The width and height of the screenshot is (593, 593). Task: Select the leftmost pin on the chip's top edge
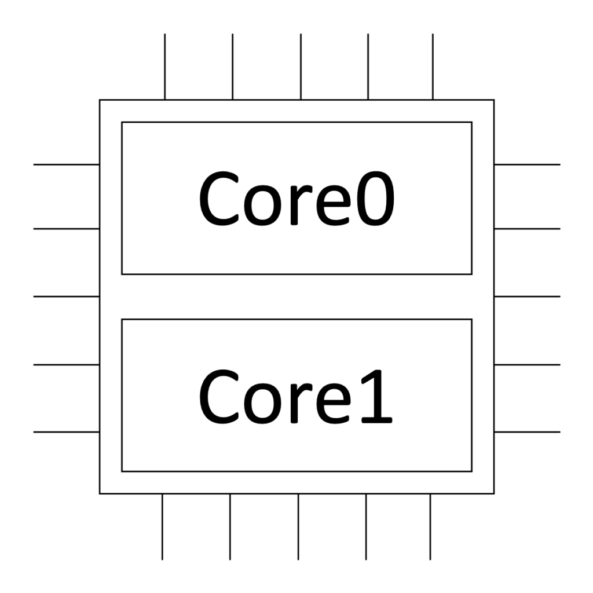pos(165,67)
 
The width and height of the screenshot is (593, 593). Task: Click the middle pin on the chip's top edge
pos(301,67)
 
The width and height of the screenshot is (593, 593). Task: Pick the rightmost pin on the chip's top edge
pos(433,67)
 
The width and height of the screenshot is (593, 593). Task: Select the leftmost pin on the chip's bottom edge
pos(162,526)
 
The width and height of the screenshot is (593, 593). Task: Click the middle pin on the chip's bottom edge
pos(298,526)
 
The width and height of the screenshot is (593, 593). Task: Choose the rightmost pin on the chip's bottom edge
pos(430,526)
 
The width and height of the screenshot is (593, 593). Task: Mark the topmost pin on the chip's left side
pos(67,164)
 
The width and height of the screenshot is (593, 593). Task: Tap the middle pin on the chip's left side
pos(67,296)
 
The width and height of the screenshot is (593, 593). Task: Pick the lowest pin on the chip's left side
pos(67,432)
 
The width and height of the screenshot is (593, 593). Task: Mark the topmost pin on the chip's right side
pos(527,164)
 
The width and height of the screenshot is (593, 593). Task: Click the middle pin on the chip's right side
pos(527,296)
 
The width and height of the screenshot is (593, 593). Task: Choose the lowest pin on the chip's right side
pos(527,432)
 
